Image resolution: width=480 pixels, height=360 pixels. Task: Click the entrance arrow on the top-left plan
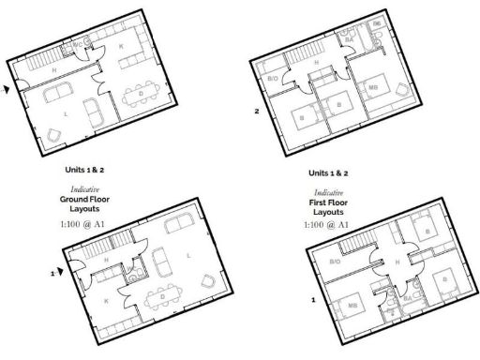9,90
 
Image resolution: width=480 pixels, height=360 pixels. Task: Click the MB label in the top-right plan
374,89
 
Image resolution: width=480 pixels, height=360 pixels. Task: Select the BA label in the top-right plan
350,40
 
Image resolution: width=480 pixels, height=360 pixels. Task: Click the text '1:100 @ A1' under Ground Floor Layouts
85,225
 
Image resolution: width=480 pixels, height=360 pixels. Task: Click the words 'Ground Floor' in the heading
85,200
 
